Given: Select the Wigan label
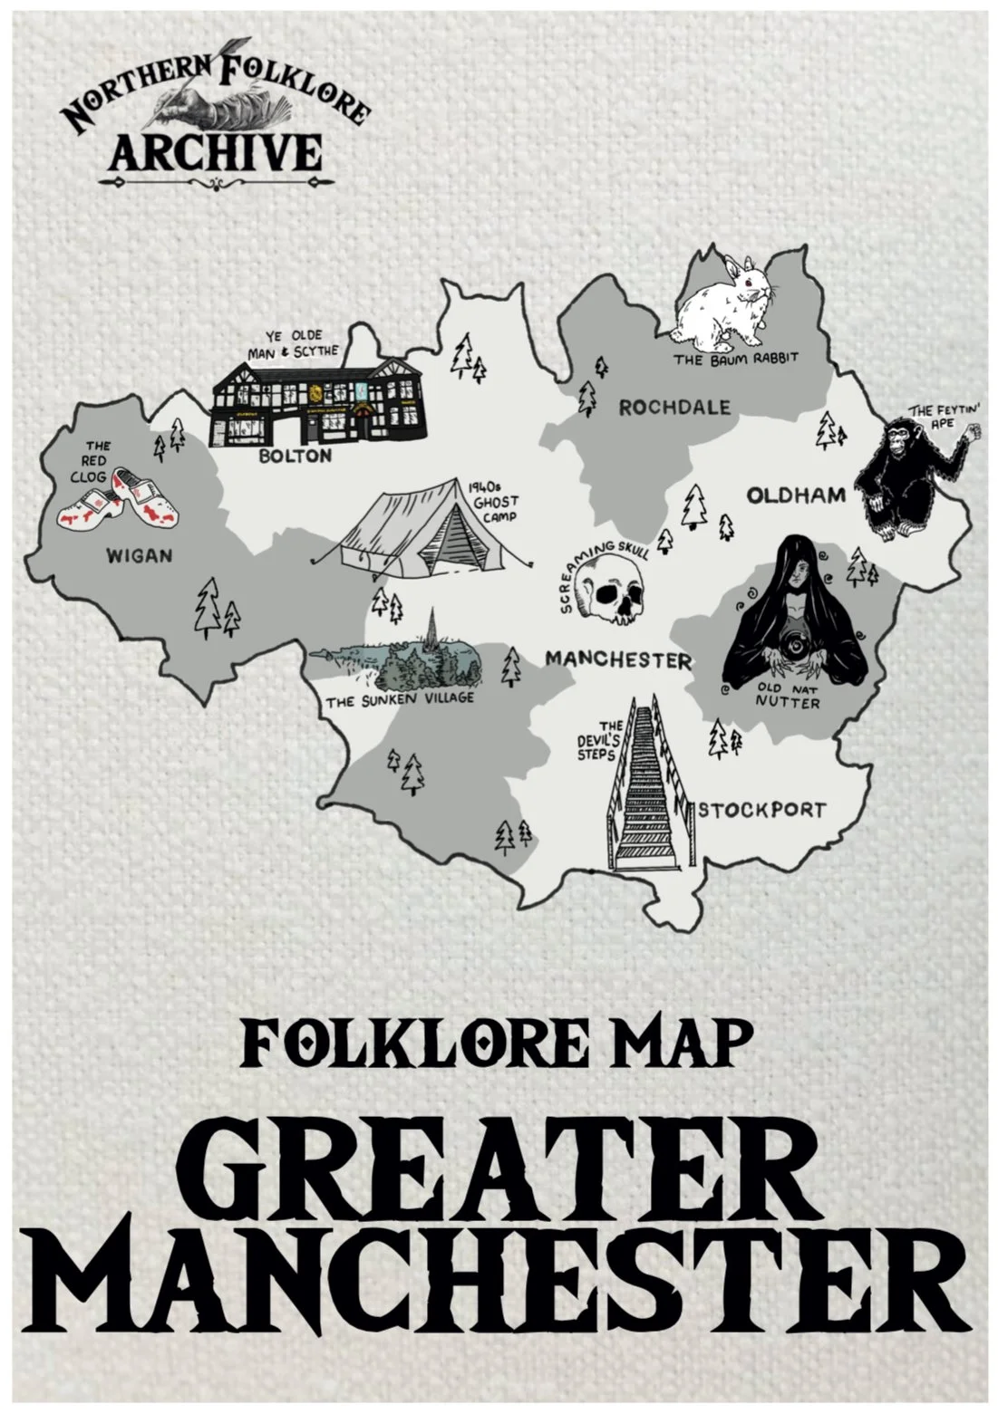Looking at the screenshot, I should tap(139, 555).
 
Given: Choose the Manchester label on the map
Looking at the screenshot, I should tap(617, 659).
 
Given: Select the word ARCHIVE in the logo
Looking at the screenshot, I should tap(215, 152).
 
